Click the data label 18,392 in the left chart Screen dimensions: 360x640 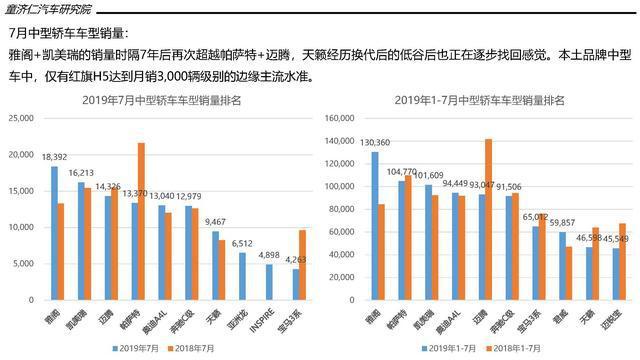point(54,157)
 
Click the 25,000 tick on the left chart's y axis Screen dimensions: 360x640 point(23,119)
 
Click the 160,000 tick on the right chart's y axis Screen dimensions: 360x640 point(337,119)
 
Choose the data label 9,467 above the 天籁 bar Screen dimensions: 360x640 point(215,222)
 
